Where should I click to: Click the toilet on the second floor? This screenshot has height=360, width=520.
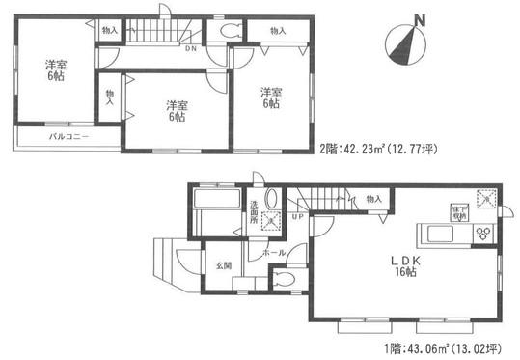pyautogui.click(x=229, y=31)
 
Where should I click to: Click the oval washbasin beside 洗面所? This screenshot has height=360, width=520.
pyautogui.click(x=270, y=199)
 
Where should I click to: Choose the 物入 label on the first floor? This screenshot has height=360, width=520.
pyautogui.click(x=374, y=200)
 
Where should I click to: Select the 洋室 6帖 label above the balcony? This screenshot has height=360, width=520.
pyautogui.click(x=54, y=70)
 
